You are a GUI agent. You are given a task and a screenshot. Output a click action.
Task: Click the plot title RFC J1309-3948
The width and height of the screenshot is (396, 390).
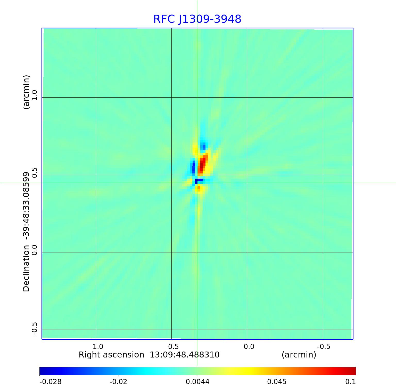click(197, 19)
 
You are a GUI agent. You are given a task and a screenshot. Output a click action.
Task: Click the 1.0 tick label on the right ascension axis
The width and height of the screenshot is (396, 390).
click(98, 346)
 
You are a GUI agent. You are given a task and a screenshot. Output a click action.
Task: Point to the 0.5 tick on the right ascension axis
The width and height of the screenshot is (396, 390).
click(173, 346)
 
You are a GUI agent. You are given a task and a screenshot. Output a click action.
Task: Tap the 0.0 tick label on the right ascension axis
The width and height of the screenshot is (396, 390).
click(249, 346)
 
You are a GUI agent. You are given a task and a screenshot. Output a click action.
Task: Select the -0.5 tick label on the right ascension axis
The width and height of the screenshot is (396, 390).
click(324, 346)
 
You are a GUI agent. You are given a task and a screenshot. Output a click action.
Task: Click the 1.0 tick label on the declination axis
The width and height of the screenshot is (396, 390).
click(34, 95)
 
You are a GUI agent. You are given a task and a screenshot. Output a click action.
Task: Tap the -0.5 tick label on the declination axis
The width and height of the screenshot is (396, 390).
click(34, 329)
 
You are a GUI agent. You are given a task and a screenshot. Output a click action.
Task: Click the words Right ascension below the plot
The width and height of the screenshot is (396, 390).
click(111, 355)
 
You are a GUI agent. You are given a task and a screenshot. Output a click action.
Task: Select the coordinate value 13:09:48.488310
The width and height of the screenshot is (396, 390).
click(185, 355)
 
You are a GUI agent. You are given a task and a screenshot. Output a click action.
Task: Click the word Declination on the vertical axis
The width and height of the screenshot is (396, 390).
click(26, 268)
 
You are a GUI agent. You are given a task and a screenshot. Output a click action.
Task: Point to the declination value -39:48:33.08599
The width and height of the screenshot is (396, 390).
click(26, 204)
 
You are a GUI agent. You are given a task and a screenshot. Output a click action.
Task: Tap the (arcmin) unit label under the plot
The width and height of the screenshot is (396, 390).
click(299, 355)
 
